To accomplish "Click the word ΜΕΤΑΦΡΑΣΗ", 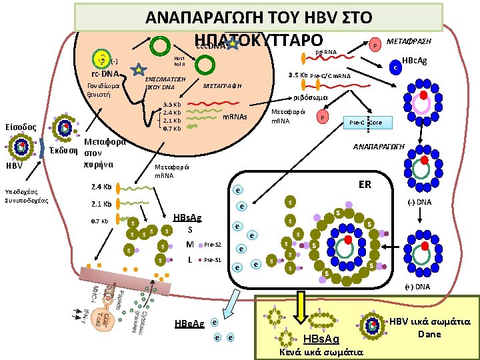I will [x=409, y=41].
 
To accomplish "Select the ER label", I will [x=365, y=183].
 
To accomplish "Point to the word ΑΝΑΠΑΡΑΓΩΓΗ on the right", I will [x=379, y=147].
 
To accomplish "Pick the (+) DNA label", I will [x=417, y=287].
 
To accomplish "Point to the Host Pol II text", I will [x=179, y=61].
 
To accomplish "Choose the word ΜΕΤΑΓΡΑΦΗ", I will [x=221, y=86].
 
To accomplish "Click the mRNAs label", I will [x=234, y=117].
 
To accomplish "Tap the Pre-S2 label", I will [x=212, y=244].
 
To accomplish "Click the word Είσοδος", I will [x=23, y=127].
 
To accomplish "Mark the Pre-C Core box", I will [x=367, y=123].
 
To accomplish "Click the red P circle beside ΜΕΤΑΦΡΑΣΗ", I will [x=375, y=45].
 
